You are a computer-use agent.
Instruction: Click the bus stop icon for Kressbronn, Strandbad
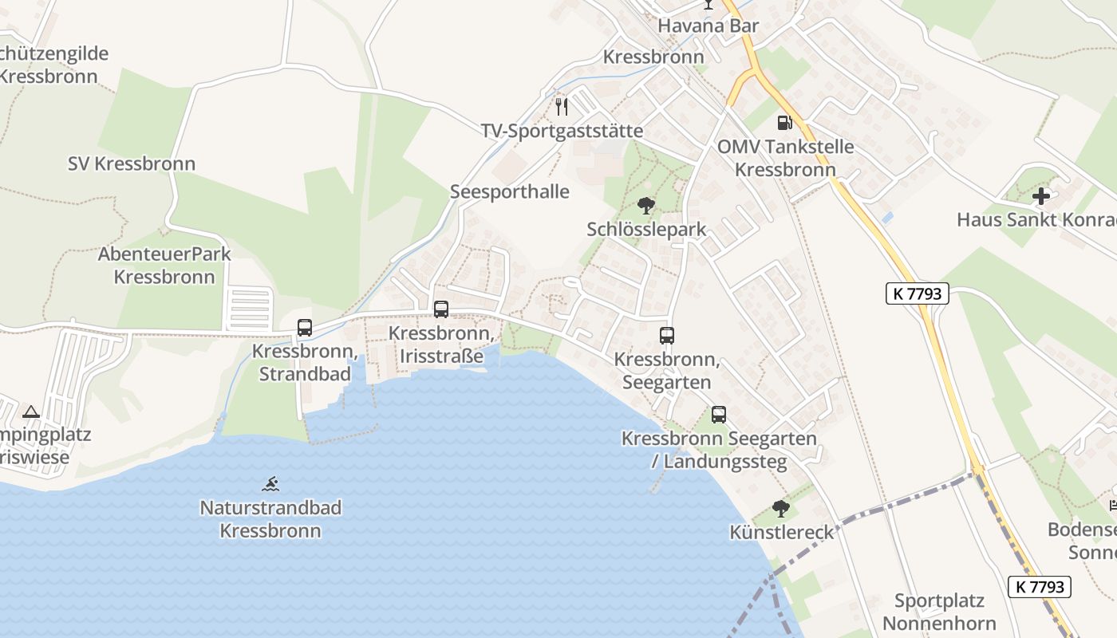[x=305, y=327]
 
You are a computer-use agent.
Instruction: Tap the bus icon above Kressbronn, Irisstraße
[x=440, y=309]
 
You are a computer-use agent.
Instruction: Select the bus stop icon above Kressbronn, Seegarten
[x=667, y=336]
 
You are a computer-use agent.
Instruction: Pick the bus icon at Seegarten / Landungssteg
[x=719, y=415]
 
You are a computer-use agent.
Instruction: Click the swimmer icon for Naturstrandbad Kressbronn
[x=271, y=483]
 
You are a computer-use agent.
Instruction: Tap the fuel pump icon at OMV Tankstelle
[x=784, y=123]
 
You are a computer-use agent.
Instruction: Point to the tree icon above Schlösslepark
[x=646, y=206]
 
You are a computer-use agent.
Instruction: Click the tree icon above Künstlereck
[x=781, y=509]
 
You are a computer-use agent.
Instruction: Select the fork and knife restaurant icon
[x=562, y=107]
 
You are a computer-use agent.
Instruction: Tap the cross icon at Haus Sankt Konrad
[x=1041, y=196]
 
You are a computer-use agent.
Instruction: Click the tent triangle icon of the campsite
[x=31, y=412]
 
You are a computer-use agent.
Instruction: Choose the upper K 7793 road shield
[x=918, y=293]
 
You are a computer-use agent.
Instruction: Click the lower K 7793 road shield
[x=1040, y=587]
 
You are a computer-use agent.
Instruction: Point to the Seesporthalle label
[x=510, y=192]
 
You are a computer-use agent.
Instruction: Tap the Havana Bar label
[x=708, y=26]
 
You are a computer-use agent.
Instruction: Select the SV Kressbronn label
[x=132, y=164]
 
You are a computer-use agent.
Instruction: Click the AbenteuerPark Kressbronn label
[x=164, y=266]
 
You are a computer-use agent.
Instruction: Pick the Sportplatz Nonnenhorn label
[x=939, y=612]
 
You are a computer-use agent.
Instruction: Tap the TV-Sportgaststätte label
[x=562, y=131]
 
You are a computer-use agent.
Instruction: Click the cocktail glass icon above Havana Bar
[x=708, y=5]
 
